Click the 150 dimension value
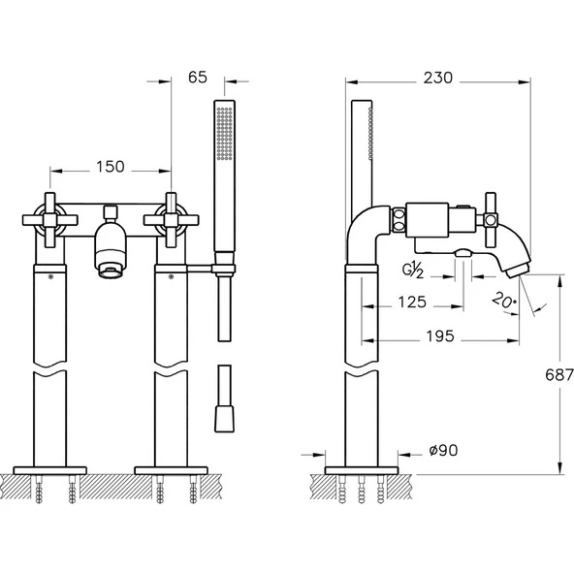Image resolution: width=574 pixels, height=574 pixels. click(x=111, y=167)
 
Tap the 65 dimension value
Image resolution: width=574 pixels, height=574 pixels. click(x=198, y=78)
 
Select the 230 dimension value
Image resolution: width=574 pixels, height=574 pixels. click(x=438, y=78)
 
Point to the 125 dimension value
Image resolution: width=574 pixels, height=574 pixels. click(x=412, y=302)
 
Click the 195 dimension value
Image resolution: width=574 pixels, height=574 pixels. click(x=440, y=336)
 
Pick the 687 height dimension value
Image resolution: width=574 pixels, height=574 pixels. click(x=559, y=374)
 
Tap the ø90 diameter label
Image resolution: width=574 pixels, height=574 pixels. click(x=443, y=451)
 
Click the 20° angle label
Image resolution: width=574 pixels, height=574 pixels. click(x=504, y=301)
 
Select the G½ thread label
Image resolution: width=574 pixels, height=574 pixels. click(x=413, y=270)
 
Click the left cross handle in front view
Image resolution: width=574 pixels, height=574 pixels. click(x=49, y=220)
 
